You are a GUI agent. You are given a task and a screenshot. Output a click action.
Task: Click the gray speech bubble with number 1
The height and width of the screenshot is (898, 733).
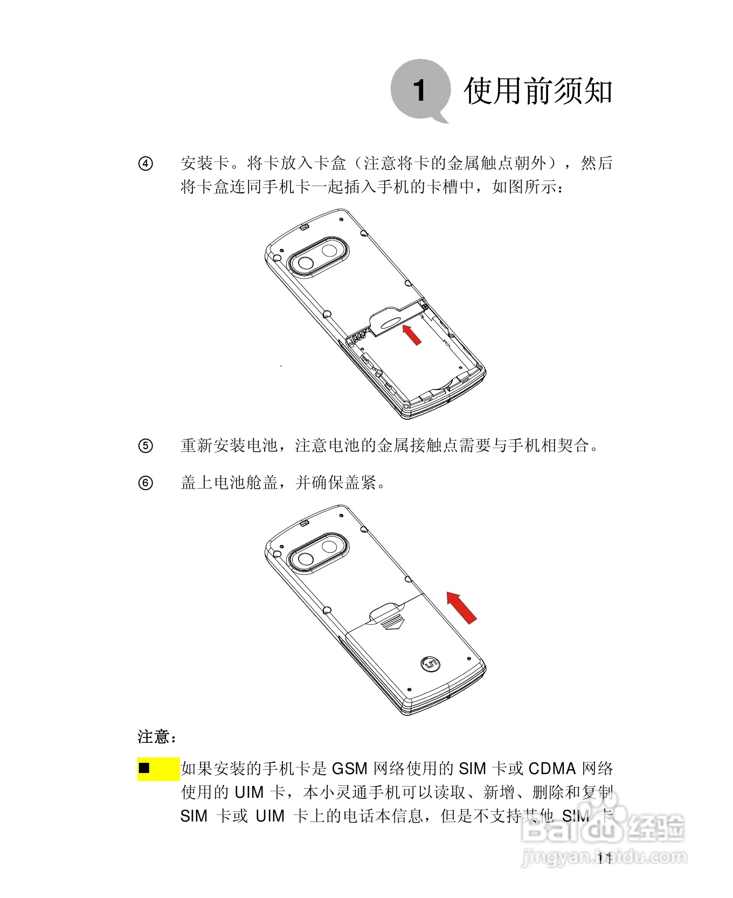tap(419, 90)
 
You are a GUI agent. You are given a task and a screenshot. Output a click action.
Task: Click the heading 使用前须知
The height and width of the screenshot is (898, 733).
tap(537, 90)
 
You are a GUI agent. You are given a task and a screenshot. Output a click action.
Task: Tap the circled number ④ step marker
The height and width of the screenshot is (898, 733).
tap(146, 164)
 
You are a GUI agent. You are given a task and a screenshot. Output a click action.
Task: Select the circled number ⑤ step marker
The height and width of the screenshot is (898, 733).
tap(146, 446)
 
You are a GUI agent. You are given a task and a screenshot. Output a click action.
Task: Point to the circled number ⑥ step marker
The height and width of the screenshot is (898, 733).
tap(146, 483)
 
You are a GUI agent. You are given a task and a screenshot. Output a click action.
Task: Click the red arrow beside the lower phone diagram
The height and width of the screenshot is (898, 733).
tap(462, 608)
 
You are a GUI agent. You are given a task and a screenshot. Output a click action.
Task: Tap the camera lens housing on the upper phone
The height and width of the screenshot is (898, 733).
tap(317, 256)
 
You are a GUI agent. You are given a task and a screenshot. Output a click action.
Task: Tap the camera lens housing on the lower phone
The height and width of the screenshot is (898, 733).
tap(317, 553)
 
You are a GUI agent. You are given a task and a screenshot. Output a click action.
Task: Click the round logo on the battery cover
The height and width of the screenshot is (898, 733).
tap(430, 664)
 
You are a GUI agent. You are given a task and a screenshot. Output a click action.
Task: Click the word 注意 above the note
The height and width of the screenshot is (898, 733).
tap(154, 737)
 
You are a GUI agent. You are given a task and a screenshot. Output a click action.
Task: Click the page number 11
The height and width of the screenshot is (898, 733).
tap(605, 859)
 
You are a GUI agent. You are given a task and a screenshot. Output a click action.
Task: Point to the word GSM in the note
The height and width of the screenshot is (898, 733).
tap(349, 769)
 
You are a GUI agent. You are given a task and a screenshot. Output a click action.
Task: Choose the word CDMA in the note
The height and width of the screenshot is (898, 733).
tap(552, 769)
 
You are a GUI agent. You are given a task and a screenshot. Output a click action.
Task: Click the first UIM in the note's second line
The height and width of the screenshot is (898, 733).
tap(249, 792)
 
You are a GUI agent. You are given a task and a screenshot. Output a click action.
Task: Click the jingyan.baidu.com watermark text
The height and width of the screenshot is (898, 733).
tap(604, 857)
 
